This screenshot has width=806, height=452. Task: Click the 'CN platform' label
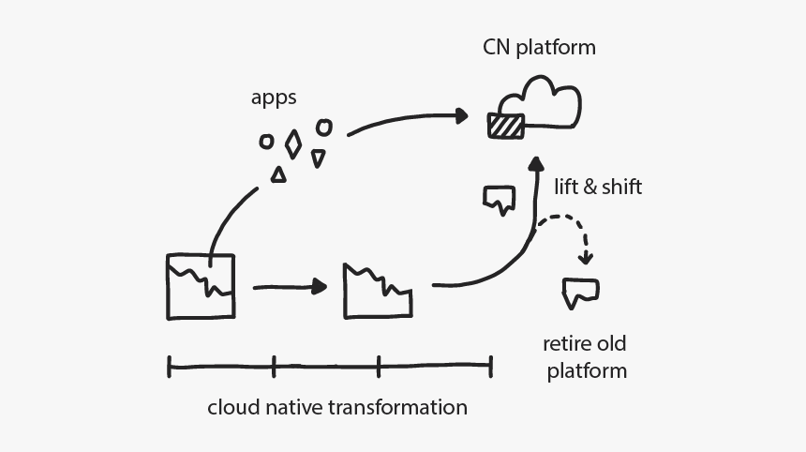[x=539, y=47]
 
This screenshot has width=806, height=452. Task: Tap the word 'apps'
[x=274, y=98]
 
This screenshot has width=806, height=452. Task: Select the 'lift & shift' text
[x=599, y=187]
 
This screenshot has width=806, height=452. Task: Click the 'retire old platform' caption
[x=586, y=356]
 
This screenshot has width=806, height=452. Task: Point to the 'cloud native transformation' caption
[x=336, y=408]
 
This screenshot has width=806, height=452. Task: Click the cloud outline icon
[x=542, y=101]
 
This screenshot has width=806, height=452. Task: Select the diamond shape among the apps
[x=293, y=143]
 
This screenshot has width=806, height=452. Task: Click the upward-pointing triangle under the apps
[x=278, y=174]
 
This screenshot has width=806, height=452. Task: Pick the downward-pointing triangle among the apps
[x=319, y=158]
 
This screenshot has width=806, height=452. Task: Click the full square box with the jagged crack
[x=201, y=286]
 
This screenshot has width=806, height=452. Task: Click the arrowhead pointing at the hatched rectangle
[x=460, y=115]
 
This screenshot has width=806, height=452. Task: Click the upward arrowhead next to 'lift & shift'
[x=536, y=166]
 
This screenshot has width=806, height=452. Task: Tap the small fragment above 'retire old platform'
[x=580, y=292]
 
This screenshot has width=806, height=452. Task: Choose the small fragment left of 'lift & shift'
[x=499, y=198]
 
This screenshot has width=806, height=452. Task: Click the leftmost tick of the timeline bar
[x=169, y=366]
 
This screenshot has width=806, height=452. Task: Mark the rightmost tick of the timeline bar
[x=490, y=366]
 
